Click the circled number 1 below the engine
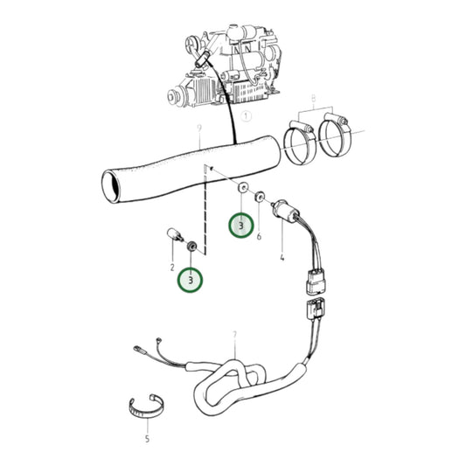247,115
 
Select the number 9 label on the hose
199,129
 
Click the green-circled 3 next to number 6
241,226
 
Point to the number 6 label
260,237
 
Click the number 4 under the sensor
282,260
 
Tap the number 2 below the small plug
172,266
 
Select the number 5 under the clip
147,438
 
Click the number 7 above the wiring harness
234,335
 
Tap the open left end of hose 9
108,184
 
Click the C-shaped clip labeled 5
146,405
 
